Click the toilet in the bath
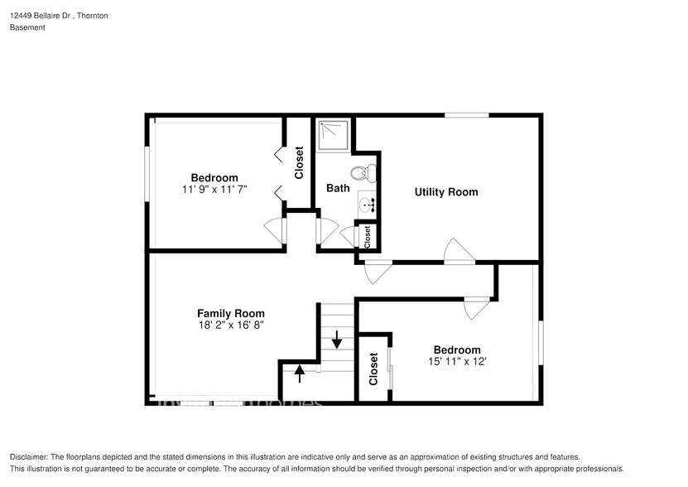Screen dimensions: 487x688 (362, 175)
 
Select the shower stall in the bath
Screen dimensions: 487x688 (334, 135)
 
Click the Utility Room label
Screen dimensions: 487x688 (446, 192)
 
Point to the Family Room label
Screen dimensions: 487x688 (230, 313)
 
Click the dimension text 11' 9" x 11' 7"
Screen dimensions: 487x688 (214, 190)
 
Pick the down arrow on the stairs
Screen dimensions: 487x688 (337, 340)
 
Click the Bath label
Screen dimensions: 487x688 (338, 189)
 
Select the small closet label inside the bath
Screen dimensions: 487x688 (367, 236)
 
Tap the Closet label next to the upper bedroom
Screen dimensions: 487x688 (299, 162)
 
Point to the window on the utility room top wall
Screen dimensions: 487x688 (466, 115)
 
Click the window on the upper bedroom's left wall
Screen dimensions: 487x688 (148, 173)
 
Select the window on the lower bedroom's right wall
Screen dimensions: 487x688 (541, 342)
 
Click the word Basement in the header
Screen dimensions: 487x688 (27, 27)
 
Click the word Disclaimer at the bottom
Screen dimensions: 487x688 (29, 457)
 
